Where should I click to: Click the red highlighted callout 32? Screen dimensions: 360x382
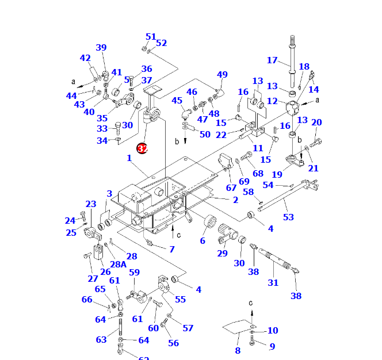point(143,148)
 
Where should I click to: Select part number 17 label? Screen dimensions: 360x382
point(272,60)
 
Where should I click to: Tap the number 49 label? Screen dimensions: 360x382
point(222,75)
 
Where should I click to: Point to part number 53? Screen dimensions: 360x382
point(288,217)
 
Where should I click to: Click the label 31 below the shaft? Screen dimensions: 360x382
point(273,282)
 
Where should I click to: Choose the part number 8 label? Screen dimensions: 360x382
point(238,350)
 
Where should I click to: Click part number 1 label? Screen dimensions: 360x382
point(129,158)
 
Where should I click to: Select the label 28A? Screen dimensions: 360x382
point(119,264)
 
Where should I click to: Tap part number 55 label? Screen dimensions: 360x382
point(181,299)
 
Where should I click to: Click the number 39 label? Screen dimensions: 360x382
point(101,48)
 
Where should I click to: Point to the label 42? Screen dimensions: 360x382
point(85,58)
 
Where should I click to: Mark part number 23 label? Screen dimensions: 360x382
point(91,204)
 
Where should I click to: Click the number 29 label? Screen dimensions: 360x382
point(222,254)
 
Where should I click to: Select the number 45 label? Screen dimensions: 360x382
point(177,101)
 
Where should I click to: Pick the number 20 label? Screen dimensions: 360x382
point(316,122)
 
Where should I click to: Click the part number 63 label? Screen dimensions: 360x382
point(101,339)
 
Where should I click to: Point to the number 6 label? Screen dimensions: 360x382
point(203,240)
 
